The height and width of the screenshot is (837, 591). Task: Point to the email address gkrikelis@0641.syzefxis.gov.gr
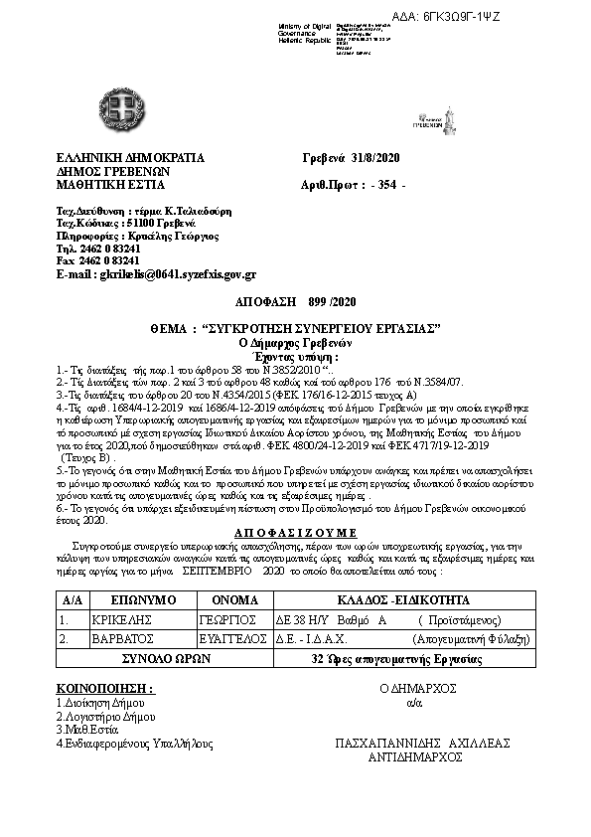click(x=157, y=273)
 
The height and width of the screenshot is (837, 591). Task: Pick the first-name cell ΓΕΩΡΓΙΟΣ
click(x=216, y=619)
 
